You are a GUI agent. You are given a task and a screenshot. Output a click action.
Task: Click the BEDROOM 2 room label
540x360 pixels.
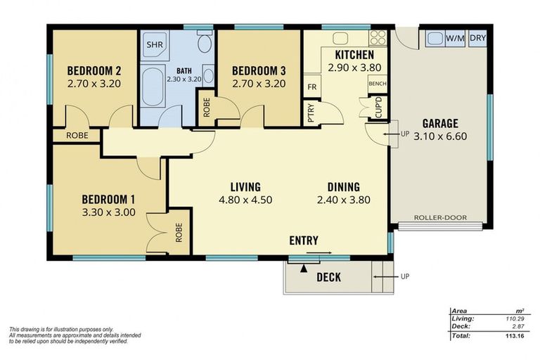click(95, 70)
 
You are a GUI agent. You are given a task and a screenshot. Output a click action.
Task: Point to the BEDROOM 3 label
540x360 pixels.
click(259, 70)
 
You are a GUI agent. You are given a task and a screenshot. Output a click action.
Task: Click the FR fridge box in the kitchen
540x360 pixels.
click(311, 87)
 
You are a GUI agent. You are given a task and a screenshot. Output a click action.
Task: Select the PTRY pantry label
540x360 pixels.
click(311, 112)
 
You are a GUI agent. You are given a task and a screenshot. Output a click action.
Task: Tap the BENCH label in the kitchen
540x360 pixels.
click(377, 84)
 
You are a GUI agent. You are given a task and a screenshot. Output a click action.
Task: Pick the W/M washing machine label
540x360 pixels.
click(454, 38)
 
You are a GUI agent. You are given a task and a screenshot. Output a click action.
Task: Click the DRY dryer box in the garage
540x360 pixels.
click(478, 38)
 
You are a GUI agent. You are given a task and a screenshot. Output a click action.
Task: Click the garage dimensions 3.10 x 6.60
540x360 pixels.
click(440, 136)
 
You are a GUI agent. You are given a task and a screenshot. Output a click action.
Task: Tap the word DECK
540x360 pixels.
click(328, 277)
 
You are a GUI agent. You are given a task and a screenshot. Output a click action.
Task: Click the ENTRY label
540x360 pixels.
click(304, 240)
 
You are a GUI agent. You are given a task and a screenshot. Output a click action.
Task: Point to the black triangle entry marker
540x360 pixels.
click(304, 267)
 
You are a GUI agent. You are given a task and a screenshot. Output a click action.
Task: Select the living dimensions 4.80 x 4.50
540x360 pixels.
click(245, 199)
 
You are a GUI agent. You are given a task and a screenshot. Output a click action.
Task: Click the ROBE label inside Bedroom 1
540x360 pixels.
click(179, 232)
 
